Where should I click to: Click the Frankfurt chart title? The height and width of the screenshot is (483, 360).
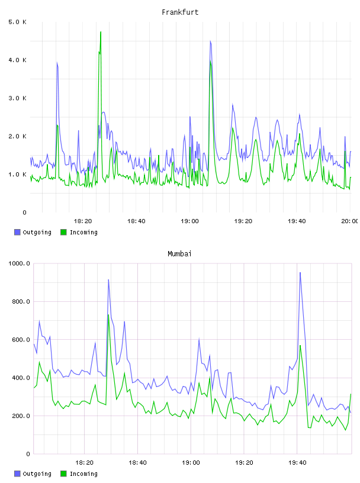click(x=180, y=12)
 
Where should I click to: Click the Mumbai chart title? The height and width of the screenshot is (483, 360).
click(x=179, y=254)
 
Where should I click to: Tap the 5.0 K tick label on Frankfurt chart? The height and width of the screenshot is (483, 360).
click(x=17, y=22)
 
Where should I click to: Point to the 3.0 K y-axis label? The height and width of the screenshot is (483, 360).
click(x=17, y=98)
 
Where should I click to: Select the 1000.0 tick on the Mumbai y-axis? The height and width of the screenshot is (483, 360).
click(x=19, y=263)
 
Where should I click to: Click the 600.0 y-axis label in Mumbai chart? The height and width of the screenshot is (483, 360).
click(x=21, y=340)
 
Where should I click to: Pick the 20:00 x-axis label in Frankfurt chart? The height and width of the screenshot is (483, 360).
click(x=350, y=221)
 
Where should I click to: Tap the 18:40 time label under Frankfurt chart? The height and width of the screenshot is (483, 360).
click(x=136, y=221)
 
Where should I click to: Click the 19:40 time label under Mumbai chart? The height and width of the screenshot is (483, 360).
click(x=297, y=463)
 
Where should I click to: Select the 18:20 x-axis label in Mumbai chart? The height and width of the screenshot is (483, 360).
click(x=84, y=463)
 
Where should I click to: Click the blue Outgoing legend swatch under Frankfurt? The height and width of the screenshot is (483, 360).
click(x=17, y=232)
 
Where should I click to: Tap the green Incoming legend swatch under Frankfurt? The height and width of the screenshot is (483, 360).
click(x=63, y=232)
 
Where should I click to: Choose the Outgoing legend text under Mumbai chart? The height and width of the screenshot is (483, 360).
click(x=37, y=474)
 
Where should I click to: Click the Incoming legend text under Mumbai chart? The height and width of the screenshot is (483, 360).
click(x=83, y=474)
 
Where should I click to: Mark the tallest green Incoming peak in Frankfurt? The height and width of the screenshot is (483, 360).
click(x=101, y=32)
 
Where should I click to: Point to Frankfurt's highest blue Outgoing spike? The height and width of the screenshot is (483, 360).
click(x=211, y=41)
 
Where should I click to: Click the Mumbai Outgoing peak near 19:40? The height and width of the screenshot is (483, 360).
click(x=300, y=273)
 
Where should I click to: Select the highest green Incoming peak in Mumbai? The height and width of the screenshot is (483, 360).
click(x=108, y=315)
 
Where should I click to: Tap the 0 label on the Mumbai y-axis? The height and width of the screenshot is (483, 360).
click(x=28, y=454)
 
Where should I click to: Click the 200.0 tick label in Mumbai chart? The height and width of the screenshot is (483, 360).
click(x=21, y=416)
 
